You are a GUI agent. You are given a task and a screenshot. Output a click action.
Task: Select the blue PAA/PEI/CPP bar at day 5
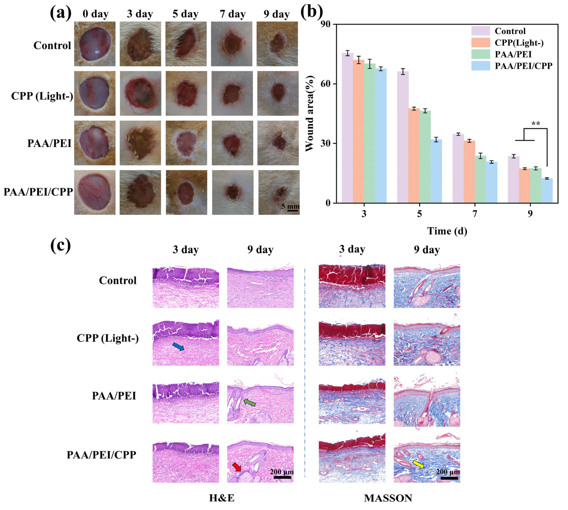tap(436, 171)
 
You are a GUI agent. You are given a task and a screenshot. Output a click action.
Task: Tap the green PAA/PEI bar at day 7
tap(480, 179)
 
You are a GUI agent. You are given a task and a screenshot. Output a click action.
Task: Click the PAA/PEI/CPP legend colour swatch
tap(480, 66)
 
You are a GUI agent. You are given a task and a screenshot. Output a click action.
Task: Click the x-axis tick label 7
tap(475, 214)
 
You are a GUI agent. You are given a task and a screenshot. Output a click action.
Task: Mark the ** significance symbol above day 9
tap(536, 124)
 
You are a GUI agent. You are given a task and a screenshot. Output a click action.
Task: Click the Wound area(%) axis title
tap(310, 114)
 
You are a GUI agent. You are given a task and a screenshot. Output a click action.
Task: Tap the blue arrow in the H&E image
tap(178, 346)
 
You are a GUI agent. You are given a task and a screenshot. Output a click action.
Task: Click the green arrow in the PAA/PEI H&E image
tap(250, 403)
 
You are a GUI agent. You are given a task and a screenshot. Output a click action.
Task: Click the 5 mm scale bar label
tap(290, 207)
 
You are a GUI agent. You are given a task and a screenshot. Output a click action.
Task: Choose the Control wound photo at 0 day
tap(95, 44)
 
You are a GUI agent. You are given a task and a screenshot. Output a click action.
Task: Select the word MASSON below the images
tap(388, 498)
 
